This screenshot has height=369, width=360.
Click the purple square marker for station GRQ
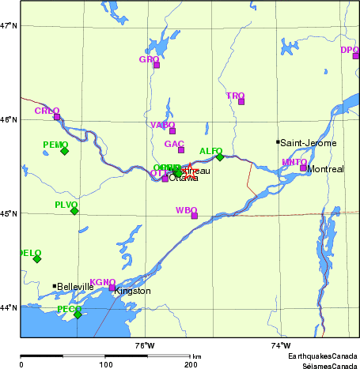tap(157, 65)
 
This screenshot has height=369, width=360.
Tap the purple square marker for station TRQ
tap(241, 101)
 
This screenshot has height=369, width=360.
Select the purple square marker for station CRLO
tap(57, 117)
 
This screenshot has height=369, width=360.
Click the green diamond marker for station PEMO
tap(64, 151)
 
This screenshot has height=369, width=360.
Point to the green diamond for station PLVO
tap(74, 211)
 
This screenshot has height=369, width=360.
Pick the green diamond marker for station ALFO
tap(220, 156)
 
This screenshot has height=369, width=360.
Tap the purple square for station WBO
tap(194, 216)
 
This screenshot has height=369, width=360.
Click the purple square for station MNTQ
tap(303, 168)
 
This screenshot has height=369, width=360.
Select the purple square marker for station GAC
tap(181, 150)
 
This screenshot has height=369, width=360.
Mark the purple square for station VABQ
tap(172, 130)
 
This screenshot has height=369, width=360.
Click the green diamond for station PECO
tap(78, 314)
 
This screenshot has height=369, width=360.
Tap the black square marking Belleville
tap(55, 286)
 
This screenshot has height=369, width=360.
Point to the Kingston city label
tap(132, 291)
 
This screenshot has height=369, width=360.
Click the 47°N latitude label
tap(9, 26)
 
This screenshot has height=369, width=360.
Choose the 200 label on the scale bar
tap(190, 364)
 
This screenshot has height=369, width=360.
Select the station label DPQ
tap(349, 50)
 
